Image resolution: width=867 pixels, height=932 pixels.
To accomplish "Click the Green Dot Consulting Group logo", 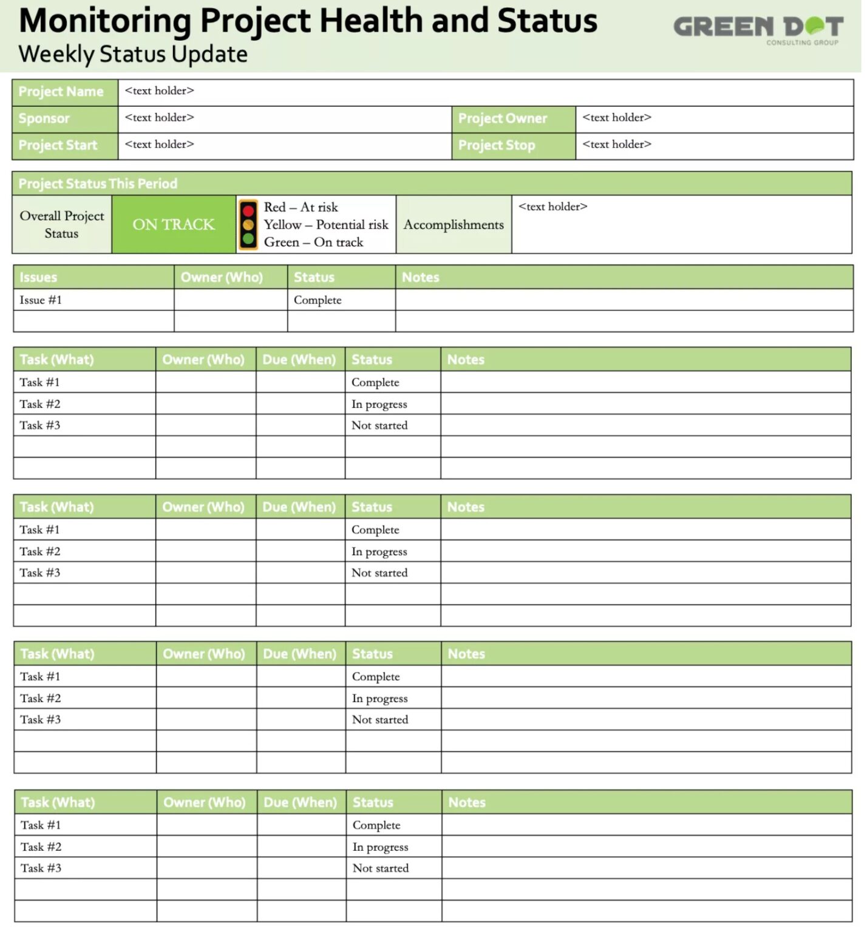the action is pyautogui.click(x=758, y=29).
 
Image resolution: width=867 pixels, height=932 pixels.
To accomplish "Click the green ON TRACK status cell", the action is pyautogui.click(x=174, y=225).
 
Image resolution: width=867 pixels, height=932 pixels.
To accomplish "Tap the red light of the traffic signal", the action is pyautogui.click(x=248, y=211).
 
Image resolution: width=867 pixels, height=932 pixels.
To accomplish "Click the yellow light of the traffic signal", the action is pyautogui.click(x=248, y=225).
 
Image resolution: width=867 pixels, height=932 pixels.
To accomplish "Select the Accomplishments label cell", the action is pyautogui.click(x=454, y=225).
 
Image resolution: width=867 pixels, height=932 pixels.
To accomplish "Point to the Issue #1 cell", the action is pyautogui.click(x=41, y=300).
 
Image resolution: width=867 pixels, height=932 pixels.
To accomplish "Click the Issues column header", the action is pyautogui.click(x=38, y=277).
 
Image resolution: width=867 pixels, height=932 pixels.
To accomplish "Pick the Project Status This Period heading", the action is pyautogui.click(x=98, y=183).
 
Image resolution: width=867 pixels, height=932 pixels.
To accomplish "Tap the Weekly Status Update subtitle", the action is pyautogui.click(x=133, y=54).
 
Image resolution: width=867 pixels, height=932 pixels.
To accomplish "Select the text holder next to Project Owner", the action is pyautogui.click(x=617, y=118).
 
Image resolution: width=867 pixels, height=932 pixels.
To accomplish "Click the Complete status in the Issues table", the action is pyautogui.click(x=318, y=300).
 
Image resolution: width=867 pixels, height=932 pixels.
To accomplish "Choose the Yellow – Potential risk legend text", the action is pyautogui.click(x=325, y=225).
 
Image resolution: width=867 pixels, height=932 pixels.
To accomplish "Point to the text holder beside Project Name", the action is pyautogui.click(x=159, y=91).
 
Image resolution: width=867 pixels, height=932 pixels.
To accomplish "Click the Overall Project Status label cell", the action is pyautogui.click(x=61, y=225).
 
